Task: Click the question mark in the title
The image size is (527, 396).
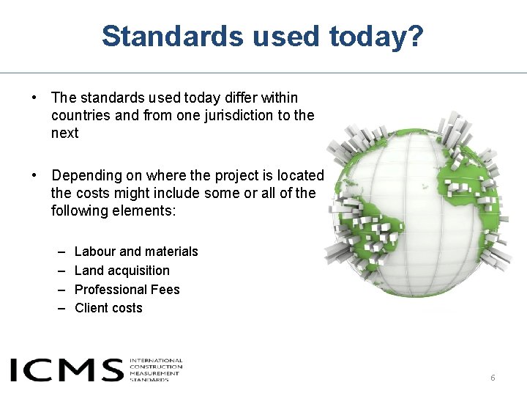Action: click(415, 36)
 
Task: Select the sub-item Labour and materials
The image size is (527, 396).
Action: click(136, 252)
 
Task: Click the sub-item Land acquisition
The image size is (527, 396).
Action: click(122, 271)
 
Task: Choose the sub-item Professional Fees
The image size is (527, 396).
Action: click(127, 290)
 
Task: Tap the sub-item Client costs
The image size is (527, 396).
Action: click(108, 308)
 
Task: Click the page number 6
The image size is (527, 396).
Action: click(493, 378)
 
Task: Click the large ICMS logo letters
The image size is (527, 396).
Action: click(66, 370)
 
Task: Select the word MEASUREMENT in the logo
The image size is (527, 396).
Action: click(155, 373)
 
